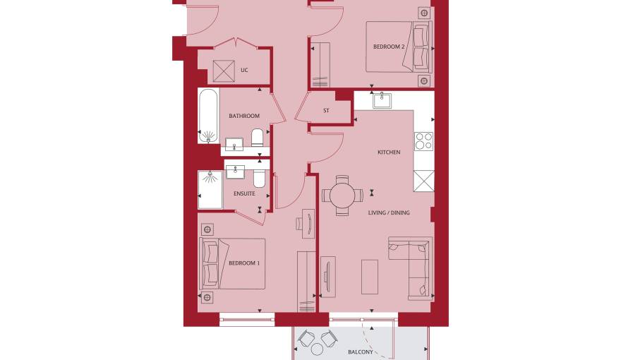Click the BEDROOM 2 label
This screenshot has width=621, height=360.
click(389, 47)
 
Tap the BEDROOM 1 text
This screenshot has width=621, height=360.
click(244, 263)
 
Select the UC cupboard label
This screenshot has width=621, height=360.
click(244, 70)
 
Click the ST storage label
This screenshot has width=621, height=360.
click(326, 111)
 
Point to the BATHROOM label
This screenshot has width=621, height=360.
click(244, 116)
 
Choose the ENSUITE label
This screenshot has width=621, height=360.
click(244, 193)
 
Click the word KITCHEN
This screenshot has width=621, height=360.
click(389, 152)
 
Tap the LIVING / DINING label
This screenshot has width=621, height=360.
click(389, 212)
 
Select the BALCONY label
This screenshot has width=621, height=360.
click(361, 352)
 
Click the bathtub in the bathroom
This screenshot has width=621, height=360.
click(208, 116)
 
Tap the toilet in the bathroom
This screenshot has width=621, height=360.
click(258, 138)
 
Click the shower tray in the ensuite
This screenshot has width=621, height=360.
click(210, 189)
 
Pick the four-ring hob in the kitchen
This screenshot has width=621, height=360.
click(424, 141)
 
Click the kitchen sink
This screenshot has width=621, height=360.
click(382, 101)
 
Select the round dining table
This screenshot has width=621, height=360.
click(342, 196)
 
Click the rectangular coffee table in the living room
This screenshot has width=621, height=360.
click(370, 277)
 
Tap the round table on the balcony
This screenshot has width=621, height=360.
click(317, 349)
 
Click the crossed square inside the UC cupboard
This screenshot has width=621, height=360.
click(224, 71)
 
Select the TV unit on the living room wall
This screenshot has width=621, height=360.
click(327, 277)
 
